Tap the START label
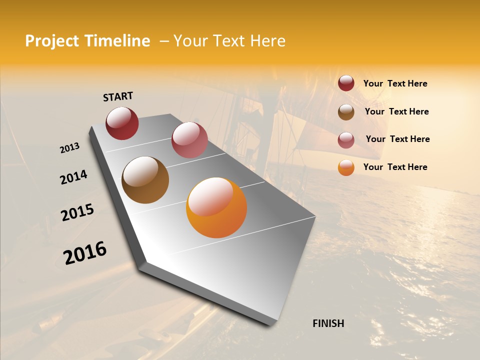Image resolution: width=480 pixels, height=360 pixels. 118,96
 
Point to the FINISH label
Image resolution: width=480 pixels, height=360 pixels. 328,323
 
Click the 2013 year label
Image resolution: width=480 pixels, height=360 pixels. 69,147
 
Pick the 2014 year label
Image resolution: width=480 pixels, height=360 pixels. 73,177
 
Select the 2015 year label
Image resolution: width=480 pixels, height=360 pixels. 77,212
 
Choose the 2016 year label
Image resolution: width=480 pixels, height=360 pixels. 85,253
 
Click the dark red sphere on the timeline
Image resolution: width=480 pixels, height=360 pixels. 122,123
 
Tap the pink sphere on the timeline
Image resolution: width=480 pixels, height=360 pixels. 189,140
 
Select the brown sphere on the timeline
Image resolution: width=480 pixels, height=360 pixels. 145,180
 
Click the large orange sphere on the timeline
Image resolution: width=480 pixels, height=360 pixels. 216,207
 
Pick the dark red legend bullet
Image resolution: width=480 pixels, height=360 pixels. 346,83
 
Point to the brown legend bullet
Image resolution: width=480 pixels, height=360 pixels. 346,112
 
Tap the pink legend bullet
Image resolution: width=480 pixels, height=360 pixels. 346,140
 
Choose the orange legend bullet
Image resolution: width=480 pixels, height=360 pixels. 346,167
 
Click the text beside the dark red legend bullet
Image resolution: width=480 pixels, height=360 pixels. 395,84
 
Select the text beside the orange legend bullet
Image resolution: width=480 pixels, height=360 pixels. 395,167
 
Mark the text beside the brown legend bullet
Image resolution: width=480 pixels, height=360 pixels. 396,111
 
